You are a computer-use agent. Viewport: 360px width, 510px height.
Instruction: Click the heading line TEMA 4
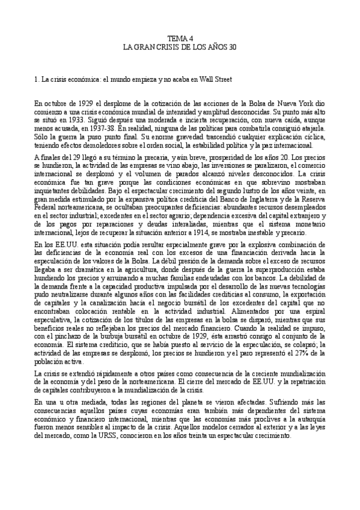(180, 37)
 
